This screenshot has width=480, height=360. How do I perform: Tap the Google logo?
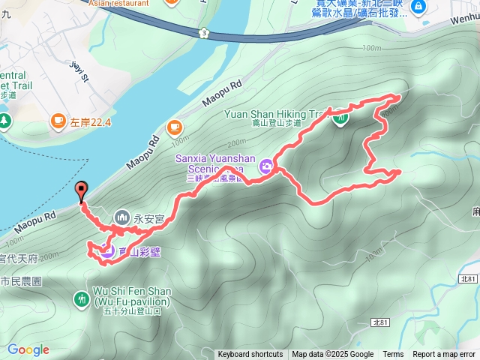[28, 349]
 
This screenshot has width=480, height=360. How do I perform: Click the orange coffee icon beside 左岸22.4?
[58, 120]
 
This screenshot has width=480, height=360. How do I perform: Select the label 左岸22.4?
[91, 121]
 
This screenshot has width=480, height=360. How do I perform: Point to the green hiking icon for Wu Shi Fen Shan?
[82, 299]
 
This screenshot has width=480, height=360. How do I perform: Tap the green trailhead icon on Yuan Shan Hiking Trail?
[341, 117]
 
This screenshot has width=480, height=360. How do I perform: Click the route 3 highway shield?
[204, 32]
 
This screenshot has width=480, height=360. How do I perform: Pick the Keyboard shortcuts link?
[250, 355]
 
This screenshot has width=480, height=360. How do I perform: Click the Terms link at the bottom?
[393, 355]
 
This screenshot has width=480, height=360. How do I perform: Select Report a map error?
[444, 355]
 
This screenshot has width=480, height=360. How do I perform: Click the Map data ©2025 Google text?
[332, 355]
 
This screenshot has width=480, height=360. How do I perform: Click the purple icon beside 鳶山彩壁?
[107, 252]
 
